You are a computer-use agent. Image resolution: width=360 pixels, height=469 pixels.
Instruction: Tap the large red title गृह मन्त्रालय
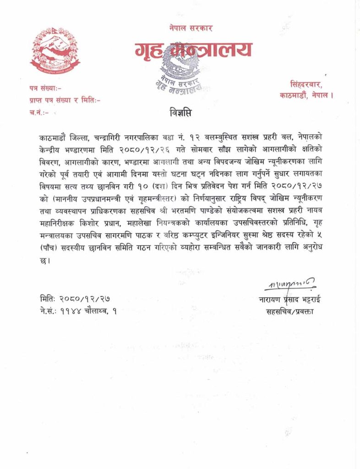[x=193, y=49]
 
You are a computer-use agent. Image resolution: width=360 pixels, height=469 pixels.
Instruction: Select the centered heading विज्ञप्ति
[x=180, y=112]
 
